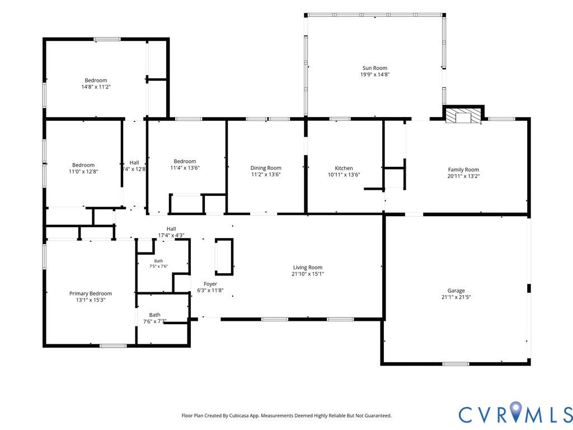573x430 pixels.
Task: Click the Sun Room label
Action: (374, 68)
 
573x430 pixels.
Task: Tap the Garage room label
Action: (456, 291)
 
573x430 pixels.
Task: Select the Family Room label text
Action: (463, 170)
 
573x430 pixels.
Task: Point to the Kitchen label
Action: (344, 168)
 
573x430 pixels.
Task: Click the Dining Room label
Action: (266, 168)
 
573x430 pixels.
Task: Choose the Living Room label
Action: (308, 267)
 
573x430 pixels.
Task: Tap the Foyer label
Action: (210, 284)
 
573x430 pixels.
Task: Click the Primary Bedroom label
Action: (91, 293)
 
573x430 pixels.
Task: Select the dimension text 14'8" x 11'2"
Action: (96, 87)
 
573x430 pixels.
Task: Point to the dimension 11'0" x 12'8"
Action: (83, 171)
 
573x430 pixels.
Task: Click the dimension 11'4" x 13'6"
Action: (185, 168)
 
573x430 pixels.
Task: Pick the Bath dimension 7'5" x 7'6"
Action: (158, 266)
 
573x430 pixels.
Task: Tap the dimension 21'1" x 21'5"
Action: (456, 297)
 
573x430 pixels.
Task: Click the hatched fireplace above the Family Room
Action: (463, 115)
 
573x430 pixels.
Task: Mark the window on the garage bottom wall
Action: (455, 364)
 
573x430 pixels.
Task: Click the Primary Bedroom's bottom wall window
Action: (113, 345)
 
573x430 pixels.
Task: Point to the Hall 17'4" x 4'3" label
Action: (171, 232)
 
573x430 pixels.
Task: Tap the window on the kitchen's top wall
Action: (340, 119)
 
